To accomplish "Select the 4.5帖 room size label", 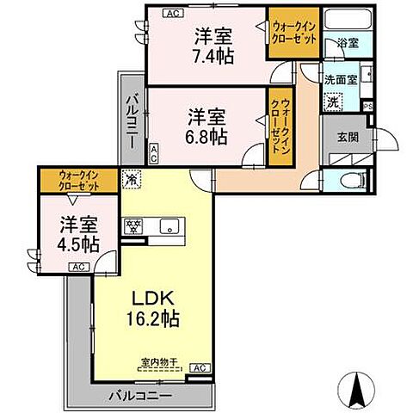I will click(77, 243).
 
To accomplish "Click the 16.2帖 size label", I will click(155, 319).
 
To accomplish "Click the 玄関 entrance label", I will click(348, 136).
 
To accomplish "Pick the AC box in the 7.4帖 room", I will click(171, 12).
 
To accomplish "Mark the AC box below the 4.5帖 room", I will click(77, 268).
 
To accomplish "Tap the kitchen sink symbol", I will click(169, 226).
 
